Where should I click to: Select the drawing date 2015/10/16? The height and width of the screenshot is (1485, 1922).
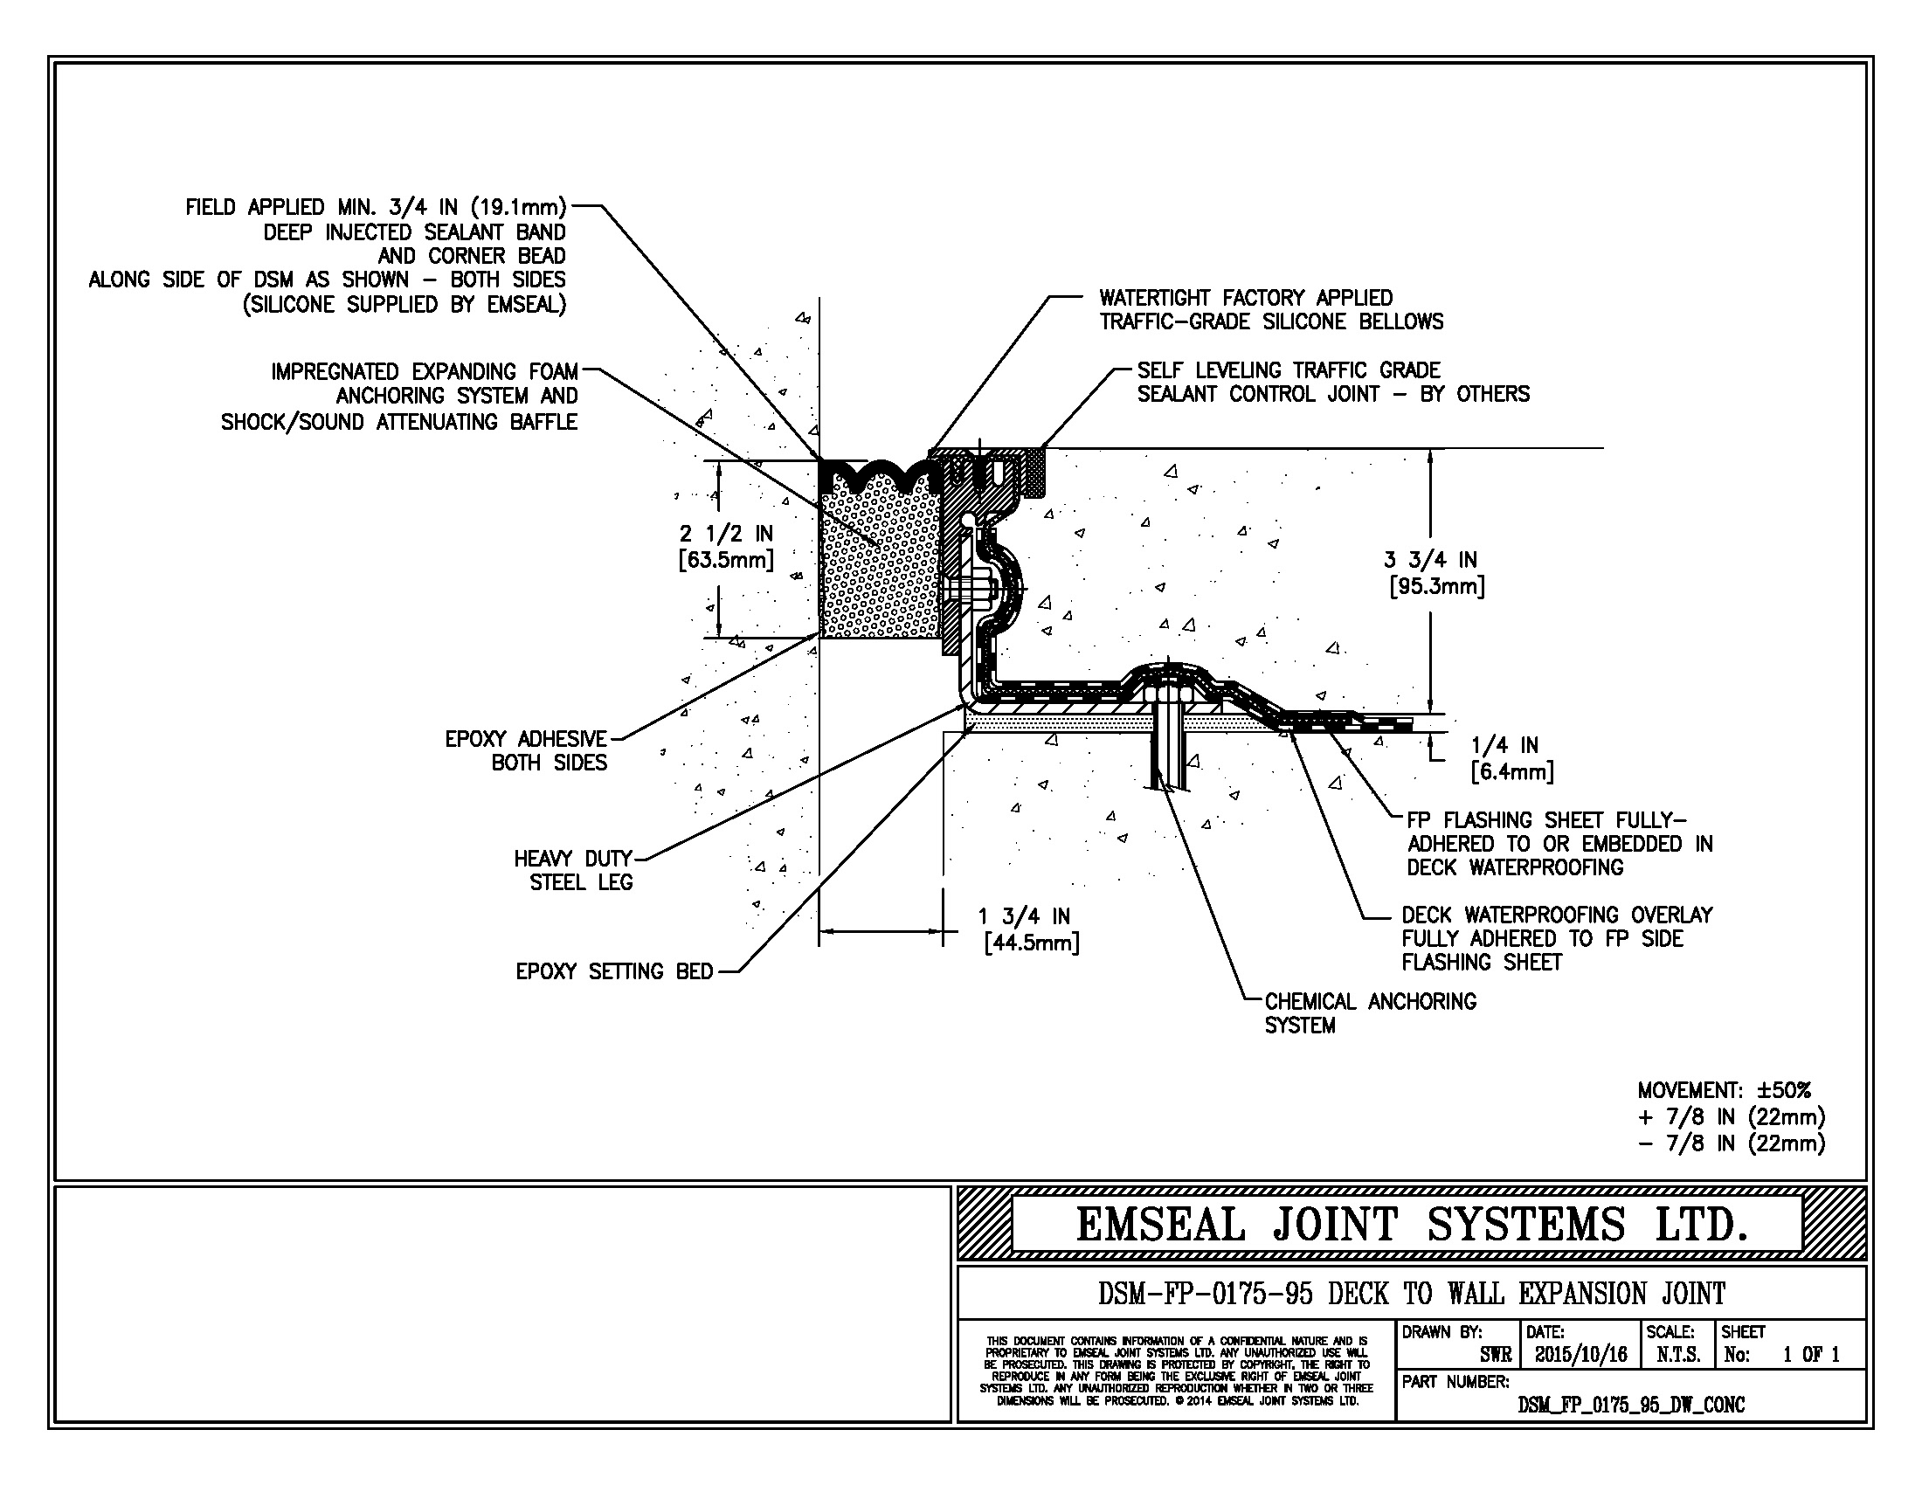pos(1581,1355)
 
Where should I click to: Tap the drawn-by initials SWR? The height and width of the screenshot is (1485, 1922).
pos(1495,1355)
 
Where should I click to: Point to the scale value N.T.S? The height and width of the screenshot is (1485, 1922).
pos(1677,1355)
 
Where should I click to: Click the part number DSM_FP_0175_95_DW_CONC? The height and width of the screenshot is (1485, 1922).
pos(1631,1405)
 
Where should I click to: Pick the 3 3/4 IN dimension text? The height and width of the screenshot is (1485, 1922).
pos(1430,560)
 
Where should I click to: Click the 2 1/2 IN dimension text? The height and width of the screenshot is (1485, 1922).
pos(726,533)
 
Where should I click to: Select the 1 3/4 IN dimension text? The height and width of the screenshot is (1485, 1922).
pos(1024,916)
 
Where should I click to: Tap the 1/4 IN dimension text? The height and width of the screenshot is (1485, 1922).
pos(1505,746)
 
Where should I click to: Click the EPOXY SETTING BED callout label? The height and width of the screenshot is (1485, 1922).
pos(614,972)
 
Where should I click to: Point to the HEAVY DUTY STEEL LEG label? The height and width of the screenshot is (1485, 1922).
pos(574,870)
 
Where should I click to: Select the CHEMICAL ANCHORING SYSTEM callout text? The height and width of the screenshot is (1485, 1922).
pos(1370,1013)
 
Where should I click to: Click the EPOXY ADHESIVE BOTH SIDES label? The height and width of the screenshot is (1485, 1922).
pos(526,750)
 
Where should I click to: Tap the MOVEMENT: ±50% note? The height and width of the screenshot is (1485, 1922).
pos(1724,1091)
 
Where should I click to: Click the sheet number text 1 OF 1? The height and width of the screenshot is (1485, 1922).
pos(1811,1355)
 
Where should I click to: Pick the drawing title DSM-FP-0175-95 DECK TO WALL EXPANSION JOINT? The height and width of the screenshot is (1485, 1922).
pos(1412,1294)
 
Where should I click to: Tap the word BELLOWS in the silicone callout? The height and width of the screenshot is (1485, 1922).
pos(1401,322)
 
